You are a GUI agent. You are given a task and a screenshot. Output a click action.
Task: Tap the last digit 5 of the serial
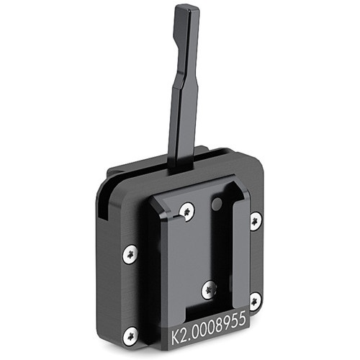tap(242, 320)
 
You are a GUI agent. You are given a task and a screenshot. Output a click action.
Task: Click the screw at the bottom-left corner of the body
tap(130, 336)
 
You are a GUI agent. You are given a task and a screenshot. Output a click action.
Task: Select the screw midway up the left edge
tap(130, 254)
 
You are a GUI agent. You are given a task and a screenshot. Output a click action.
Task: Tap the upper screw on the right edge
tap(255, 221)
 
